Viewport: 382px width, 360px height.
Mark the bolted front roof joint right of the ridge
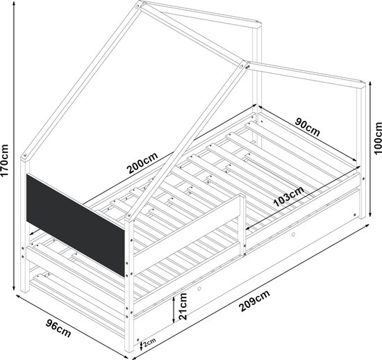(244, 65)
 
